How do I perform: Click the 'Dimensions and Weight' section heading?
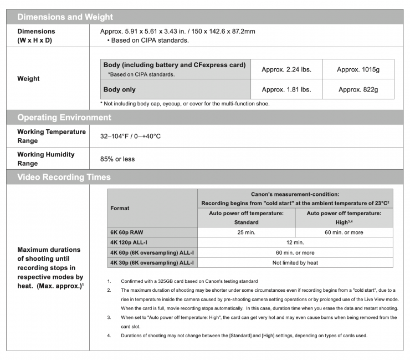65,17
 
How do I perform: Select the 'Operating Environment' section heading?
64,118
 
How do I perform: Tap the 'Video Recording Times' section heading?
64,178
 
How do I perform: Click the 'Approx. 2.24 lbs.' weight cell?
286,69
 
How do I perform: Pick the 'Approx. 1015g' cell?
358,69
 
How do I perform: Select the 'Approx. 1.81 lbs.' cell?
286,89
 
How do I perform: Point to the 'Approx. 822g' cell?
358,89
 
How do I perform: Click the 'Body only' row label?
120,89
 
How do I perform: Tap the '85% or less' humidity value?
117,159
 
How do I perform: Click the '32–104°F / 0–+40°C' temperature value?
130,136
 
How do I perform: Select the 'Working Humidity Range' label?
45,159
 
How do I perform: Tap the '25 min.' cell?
247,232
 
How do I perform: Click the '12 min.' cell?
295,242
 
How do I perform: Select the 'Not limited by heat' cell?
295,262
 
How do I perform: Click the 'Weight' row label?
28,79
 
